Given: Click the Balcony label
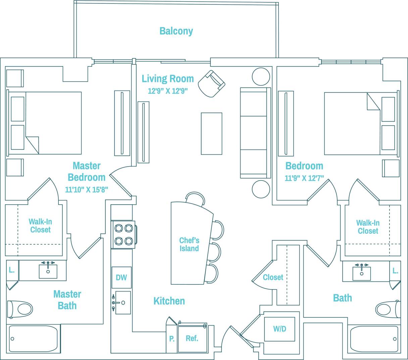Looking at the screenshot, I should pyautogui.click(x=176, y=31).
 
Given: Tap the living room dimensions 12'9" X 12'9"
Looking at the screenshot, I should pyautogui.click(x=167, y=91).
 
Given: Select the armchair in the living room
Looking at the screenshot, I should pyautogui.click(x=211, y=84).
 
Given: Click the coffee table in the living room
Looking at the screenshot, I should pyautogui.click(x=211, y=133).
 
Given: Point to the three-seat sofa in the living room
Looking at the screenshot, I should pyautogui.click(x=255, y=133).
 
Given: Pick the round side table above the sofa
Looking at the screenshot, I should pyautogui.click(x=261, y=77).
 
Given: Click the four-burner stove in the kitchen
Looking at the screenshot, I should pyautogui.click(x=123, y=234).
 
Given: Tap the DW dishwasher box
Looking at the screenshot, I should pyautogui.click(x=121, y=277).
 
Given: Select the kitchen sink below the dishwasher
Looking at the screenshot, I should pyautogui.click(x=122, y=303).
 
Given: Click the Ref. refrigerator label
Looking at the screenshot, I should pyautogui.click(x=192, y=338).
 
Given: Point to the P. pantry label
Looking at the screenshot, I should pyautogui.click(x=172, y=339).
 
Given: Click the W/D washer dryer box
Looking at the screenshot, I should pyautogui.click(x=279, y=329).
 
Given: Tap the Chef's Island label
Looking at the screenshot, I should pyautogui.click(x=189, y=244).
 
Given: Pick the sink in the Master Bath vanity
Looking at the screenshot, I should pyautogui.click(x=48, y=271).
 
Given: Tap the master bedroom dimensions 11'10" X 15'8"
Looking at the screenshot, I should pyautogui.click(x=86, y=190).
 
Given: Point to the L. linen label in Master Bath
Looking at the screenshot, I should pyautogui.click(x=11, y=270).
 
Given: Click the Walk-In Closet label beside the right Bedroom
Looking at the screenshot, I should pyautogui.click(x=368, y=227).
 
